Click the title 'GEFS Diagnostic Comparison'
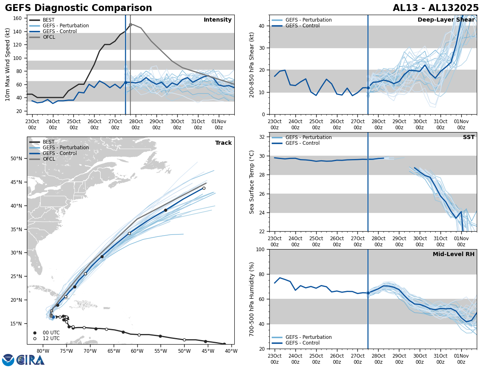(x=78, y=8)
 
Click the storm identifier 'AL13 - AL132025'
(x=436, y=8)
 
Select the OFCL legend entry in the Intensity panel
(x=49, y=37)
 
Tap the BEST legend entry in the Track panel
(x=48, y=142)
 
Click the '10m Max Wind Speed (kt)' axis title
(x=8, y=64)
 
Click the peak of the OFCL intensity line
(x=130, y=24)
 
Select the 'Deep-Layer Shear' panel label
(x=446, y=20)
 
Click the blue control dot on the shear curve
(x=368, y=88)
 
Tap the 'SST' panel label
(x=469, y=137)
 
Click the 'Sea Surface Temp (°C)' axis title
(x=252, y=182)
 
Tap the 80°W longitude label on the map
(x=43, y=351)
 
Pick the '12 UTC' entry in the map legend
(x=51, y=338)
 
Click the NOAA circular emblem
(x=8, y=360)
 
